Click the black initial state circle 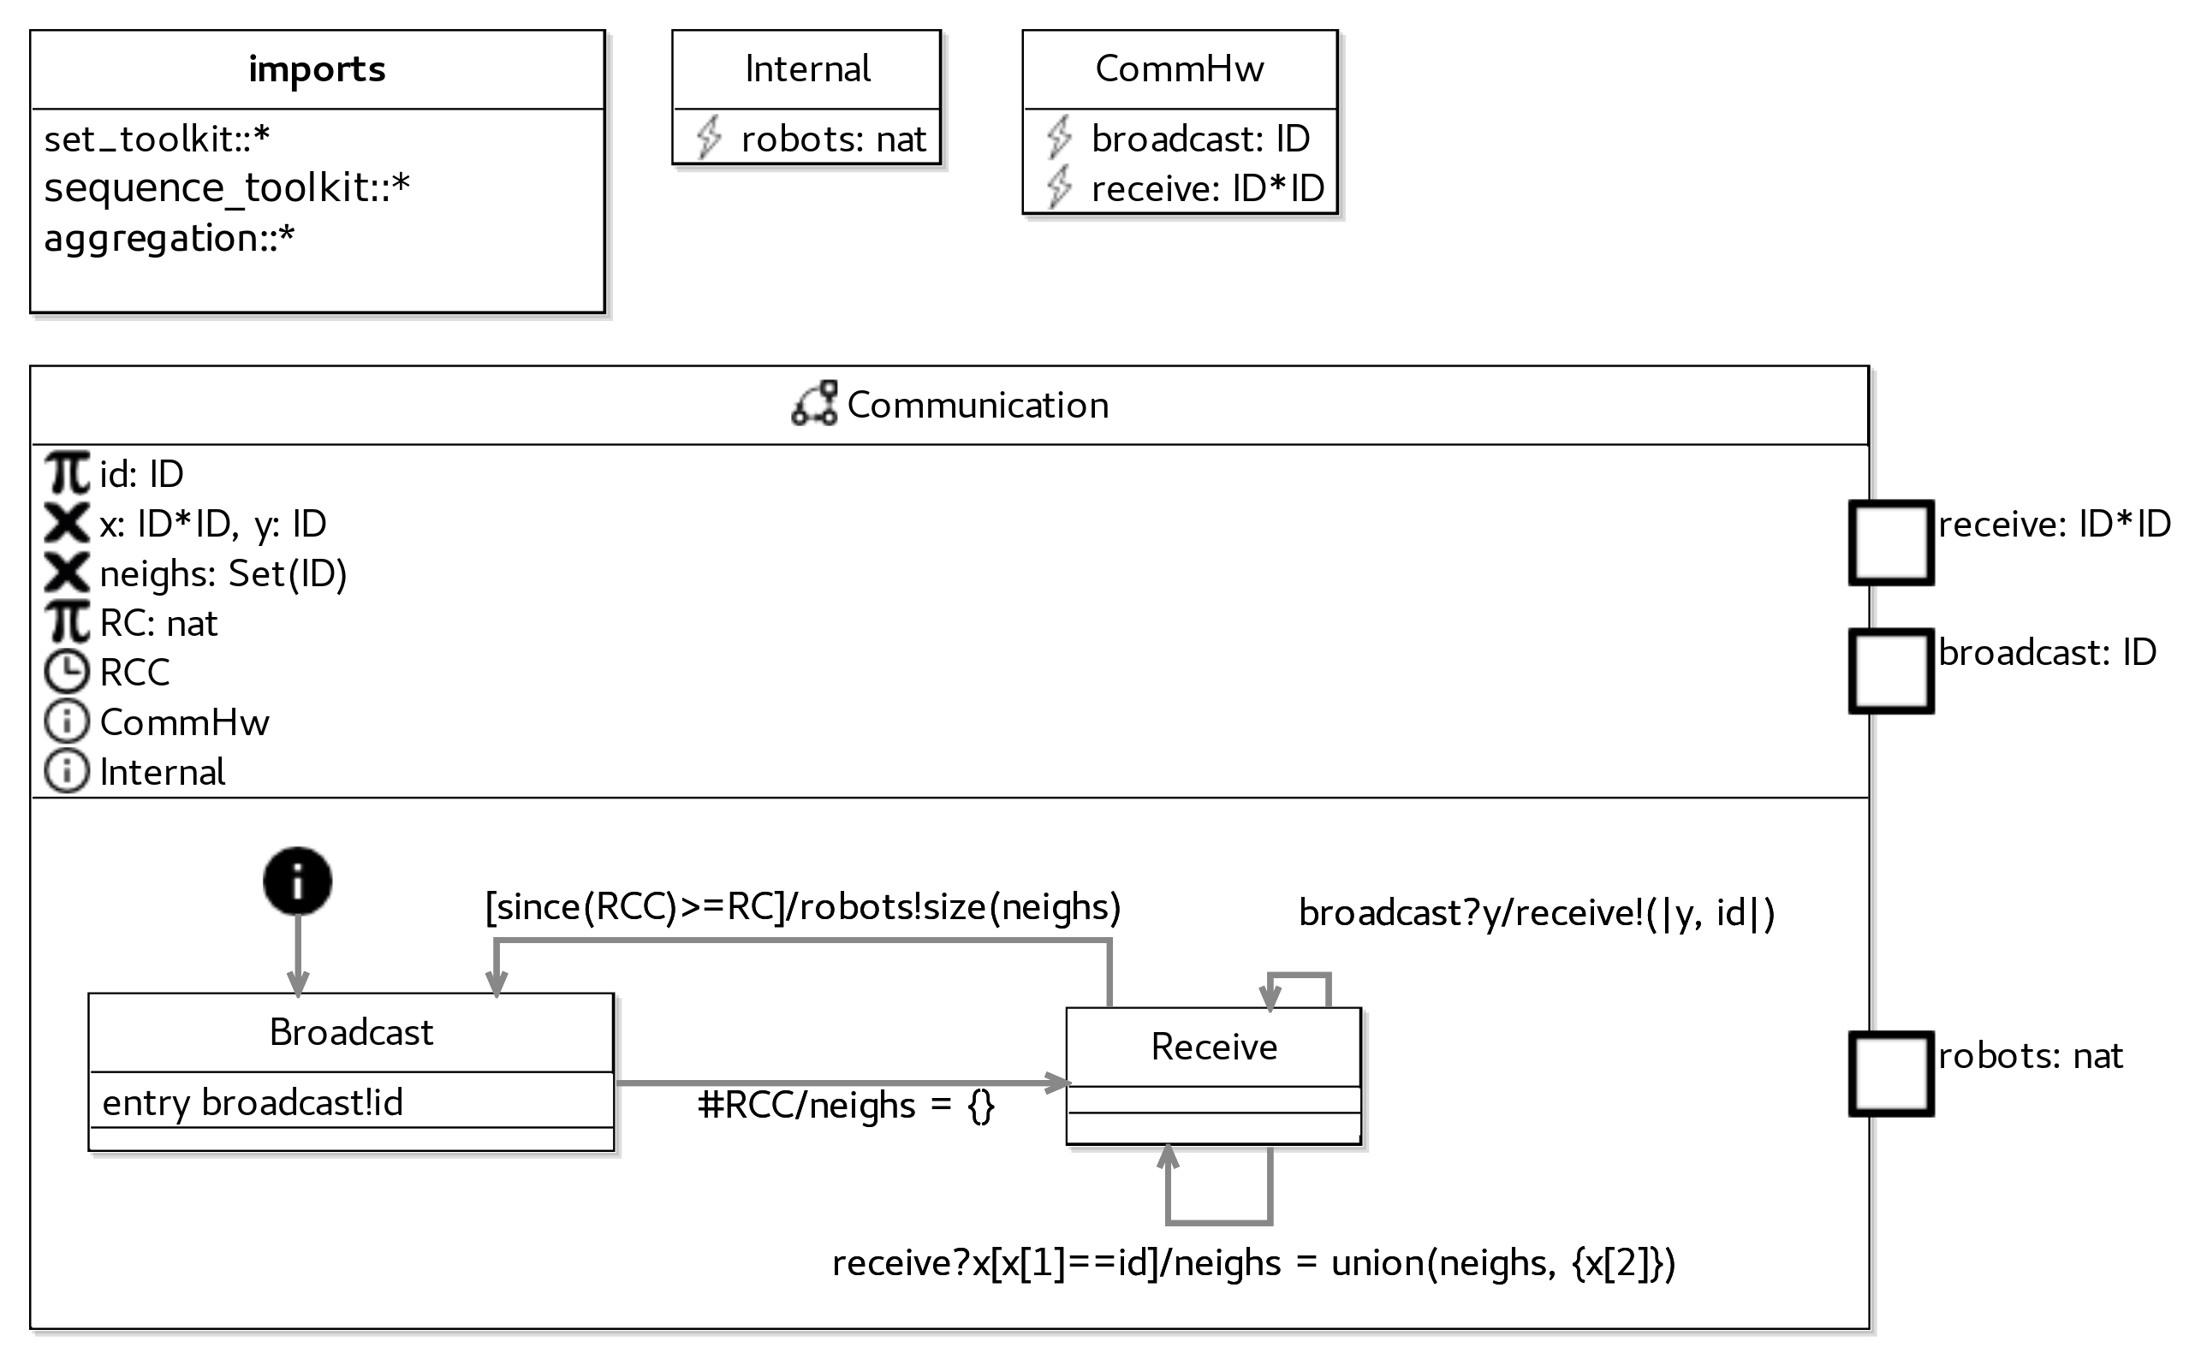pyautogui.click(x=297, y=881)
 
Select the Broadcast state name pyautogui.click(x=351, y=1032)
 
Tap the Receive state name pyautogui.click(x=1213, y=1047)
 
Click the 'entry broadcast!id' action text pyautogui.click(x=253, y=1102)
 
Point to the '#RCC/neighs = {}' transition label pyautogui.click(x=846, y=1105)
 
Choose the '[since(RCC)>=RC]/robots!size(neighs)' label pyautogui.click(x=802, y=906)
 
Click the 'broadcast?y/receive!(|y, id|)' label pyautogui.click(x=1537, y=912)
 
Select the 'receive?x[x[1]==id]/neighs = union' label pyautogui.click(x=1253, y=1262)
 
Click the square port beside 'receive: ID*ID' pyautogui.click(x=1890, y=543)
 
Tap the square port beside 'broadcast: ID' pyautogui.click(x=1890, y=671)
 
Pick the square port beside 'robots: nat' pyautogui.click(x=1890, y=1073)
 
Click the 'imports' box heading pyautogui.click(x=317, y=68)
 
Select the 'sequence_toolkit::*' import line pyautogui.click(x=227, y=187)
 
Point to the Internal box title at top pyautogui.click(x=807, y=68)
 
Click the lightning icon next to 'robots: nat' pyautogui.click(x=709, y=138)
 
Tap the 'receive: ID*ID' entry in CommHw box pyautogui.click(x=1207, y=188)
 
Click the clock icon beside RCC pyautogui.click(x=67, y=673)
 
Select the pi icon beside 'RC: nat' pyautogui.click(x=67, y=623)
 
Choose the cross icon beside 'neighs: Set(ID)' pyautogui.click(x=67, y=573)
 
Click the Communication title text pyautogui.click(x=977, y=406)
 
